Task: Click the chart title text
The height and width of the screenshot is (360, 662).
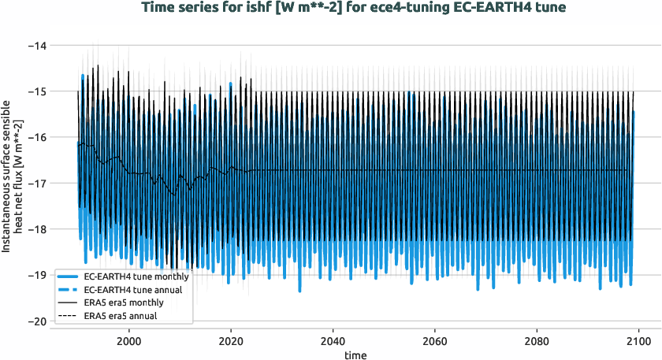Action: [330, 8]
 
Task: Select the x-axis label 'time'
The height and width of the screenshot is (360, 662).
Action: [355, 356]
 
